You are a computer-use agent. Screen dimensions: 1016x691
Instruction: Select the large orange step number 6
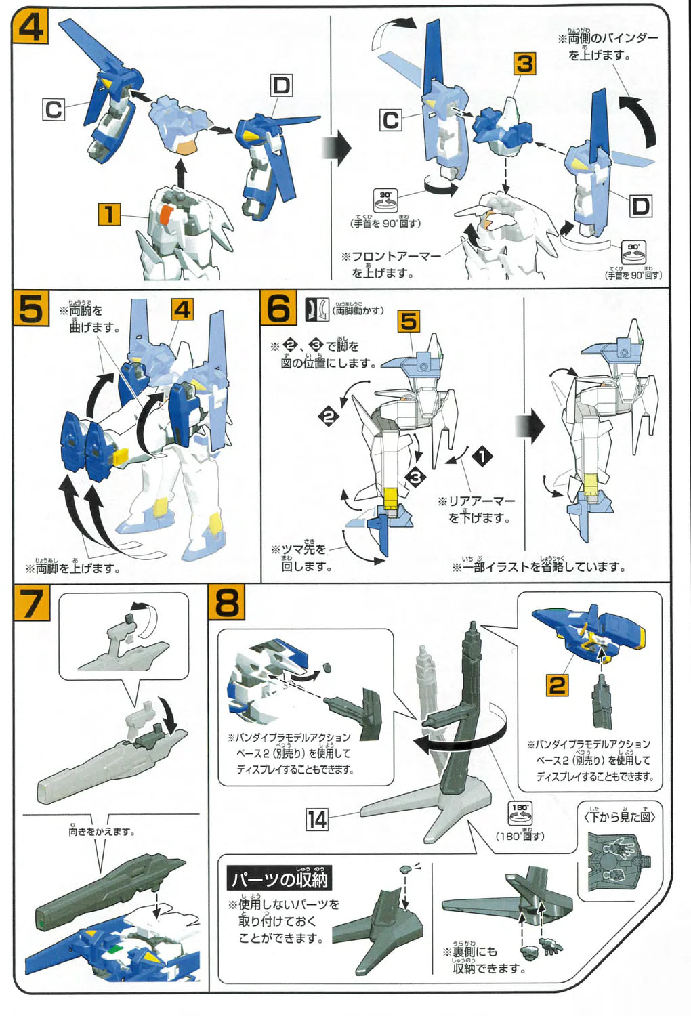[x=278, y=309]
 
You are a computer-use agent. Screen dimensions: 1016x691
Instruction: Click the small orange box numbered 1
[x=108, y=214]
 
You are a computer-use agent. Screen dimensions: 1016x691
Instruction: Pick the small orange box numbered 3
[x=524, y=64]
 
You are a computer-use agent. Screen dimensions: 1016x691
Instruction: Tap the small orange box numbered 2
[x=557, y=685]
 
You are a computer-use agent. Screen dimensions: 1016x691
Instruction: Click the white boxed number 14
[x=317, y=820]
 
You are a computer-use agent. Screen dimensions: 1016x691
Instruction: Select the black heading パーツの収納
[x=279, y=879]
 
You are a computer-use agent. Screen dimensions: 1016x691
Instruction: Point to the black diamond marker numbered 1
[x=482, y=457]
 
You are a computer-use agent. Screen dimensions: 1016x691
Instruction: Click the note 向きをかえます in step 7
[x=102, y=831]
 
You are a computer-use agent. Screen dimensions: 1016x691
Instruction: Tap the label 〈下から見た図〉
[x=619, y=816]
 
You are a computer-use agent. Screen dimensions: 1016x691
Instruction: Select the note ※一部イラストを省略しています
[x=539, y=566]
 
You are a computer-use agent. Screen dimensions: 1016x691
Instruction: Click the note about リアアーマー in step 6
[x=476, y=509]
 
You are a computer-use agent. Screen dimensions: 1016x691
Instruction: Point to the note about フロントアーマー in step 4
[x=391, y=264]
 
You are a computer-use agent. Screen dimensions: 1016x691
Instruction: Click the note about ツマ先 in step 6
[x=301, y=557]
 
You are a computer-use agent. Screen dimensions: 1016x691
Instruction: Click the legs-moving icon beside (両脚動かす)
[x=316, y=310]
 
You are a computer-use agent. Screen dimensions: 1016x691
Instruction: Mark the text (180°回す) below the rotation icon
[x=520, y=835]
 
